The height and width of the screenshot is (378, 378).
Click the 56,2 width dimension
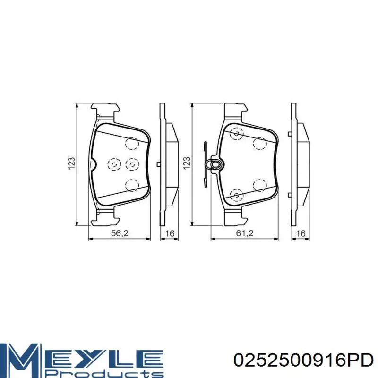tap(120, 233)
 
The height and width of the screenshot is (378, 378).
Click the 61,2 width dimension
tap(244, 233)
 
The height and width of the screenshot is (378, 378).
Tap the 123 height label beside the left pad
tap(72, 163)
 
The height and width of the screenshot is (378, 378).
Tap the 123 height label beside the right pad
tap(187, 163)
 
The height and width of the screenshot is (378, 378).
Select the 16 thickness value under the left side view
tap(170, 233)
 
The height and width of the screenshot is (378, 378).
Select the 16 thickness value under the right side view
tap(301, 233)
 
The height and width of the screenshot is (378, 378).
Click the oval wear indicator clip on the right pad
tap(215, 164)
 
